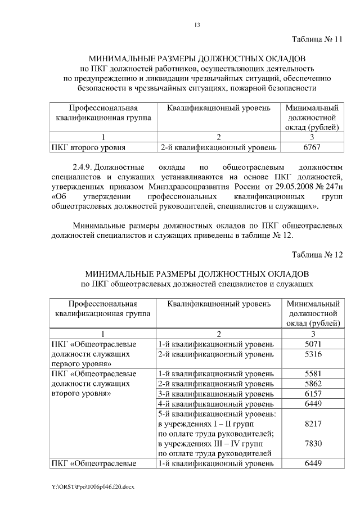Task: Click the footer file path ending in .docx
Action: pos(89,485)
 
